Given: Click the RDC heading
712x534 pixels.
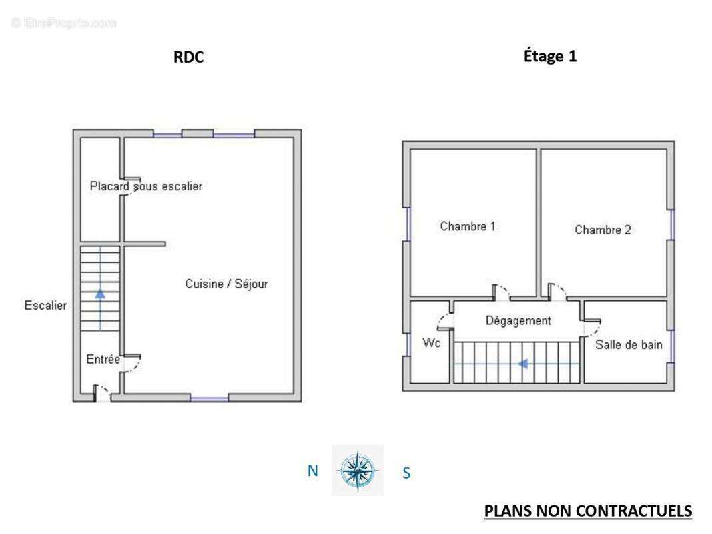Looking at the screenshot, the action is [188, 57].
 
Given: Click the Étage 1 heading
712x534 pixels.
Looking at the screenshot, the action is [550, 56].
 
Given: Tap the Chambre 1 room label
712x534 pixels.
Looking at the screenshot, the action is [468, 226].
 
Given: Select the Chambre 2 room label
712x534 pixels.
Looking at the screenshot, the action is [603, 230].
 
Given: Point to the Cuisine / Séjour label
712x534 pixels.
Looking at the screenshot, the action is [227, 284].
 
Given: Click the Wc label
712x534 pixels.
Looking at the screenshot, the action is [431, 343].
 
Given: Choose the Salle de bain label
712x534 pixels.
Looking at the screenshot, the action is [629, 345].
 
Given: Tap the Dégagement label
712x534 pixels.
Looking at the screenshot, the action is [518, 321].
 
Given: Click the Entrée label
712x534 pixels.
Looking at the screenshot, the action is [103, 360].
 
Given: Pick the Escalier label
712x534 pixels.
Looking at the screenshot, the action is [45, 306].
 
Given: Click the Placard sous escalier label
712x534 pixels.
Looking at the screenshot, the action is [145, 186].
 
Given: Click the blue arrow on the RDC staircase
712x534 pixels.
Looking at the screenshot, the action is [100, 310].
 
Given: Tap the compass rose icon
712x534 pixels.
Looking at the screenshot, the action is [358, 471].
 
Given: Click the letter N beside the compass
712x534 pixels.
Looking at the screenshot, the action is [312, 471].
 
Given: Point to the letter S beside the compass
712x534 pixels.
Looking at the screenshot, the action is [406, 473].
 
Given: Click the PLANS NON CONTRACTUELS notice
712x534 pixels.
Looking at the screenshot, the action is [588, 511].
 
